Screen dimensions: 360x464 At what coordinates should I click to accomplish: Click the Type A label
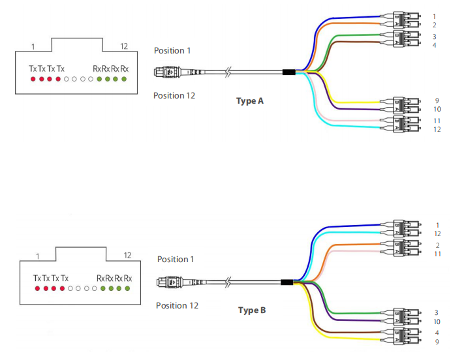click(250, 101)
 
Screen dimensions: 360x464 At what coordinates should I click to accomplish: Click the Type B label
click(252, 310)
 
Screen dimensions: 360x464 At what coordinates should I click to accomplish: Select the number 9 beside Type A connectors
click(436, 101)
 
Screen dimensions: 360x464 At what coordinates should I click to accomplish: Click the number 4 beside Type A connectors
click(434, 45)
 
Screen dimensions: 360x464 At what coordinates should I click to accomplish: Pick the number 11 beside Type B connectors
click(437, 254)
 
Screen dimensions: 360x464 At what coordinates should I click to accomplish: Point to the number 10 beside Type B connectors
click(437, 322)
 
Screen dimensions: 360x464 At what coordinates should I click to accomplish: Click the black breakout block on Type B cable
click(286, 282)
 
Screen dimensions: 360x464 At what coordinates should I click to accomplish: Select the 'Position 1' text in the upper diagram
click(174, 50)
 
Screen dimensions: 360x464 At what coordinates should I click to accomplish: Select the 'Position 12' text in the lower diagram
click(176, 305)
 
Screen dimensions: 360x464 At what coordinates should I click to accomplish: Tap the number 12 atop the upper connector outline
click(124, 46)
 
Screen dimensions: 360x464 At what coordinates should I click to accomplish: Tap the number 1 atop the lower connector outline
click(37, 256)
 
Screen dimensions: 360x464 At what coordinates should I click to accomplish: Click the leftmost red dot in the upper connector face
click(32, 80)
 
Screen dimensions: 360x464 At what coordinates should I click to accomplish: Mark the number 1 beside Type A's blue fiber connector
click(435, 16)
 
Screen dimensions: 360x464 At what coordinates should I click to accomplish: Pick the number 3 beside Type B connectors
click(437, 312)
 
